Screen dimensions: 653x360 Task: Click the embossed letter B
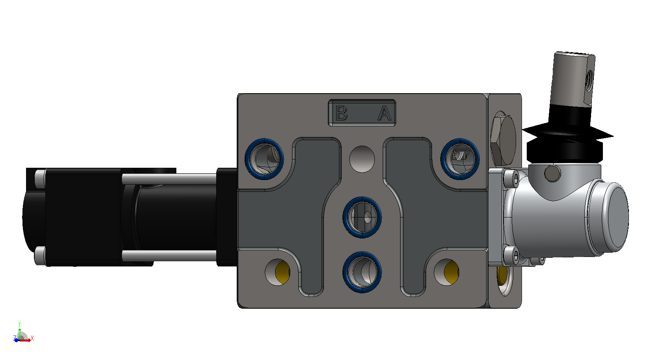coord(342,113)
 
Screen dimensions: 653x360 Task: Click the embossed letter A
coord(385,113)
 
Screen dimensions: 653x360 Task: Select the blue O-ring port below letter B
coord(264,159)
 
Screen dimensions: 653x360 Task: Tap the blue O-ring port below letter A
coord(460,159)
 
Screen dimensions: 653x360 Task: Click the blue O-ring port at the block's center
coord(362,217)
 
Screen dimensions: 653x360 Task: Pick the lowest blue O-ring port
coord(362,272)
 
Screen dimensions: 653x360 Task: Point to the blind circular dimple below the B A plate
coord(362,159)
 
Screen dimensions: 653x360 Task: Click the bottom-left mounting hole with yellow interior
coord(277,272)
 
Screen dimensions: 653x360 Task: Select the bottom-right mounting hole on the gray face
coord(446,272)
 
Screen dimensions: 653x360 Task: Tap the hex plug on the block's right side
coord(503,139)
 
